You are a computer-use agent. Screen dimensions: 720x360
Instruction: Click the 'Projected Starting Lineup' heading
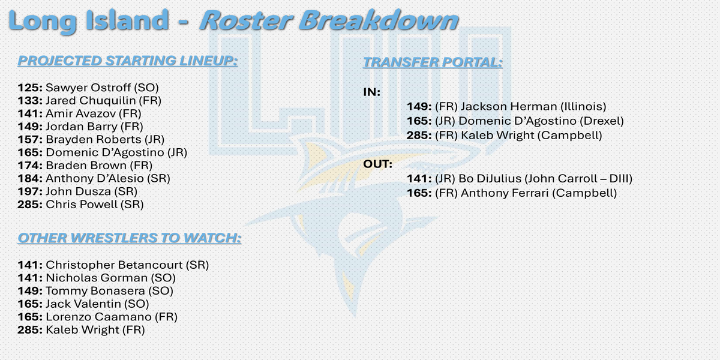128,61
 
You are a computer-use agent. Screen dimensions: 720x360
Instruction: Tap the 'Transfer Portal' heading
433,62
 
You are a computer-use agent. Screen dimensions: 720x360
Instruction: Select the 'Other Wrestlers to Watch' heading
130,238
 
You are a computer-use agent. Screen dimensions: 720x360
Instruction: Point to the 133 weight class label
30,101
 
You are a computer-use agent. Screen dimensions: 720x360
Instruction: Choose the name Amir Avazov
80,113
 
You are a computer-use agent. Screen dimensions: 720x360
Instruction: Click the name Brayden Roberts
93,139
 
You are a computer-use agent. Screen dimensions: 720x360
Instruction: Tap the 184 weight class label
30,178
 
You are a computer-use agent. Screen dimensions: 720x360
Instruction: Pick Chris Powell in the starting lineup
82,205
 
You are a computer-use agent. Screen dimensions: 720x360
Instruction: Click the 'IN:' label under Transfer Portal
371,92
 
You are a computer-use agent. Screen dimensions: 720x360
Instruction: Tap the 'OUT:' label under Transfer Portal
377,164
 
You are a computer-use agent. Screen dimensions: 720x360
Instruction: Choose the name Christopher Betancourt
114,265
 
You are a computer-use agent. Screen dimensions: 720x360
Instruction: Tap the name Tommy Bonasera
95,291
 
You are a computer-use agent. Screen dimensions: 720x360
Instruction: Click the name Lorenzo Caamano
98,317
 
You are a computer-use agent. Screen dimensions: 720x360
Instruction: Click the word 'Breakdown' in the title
379,20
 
